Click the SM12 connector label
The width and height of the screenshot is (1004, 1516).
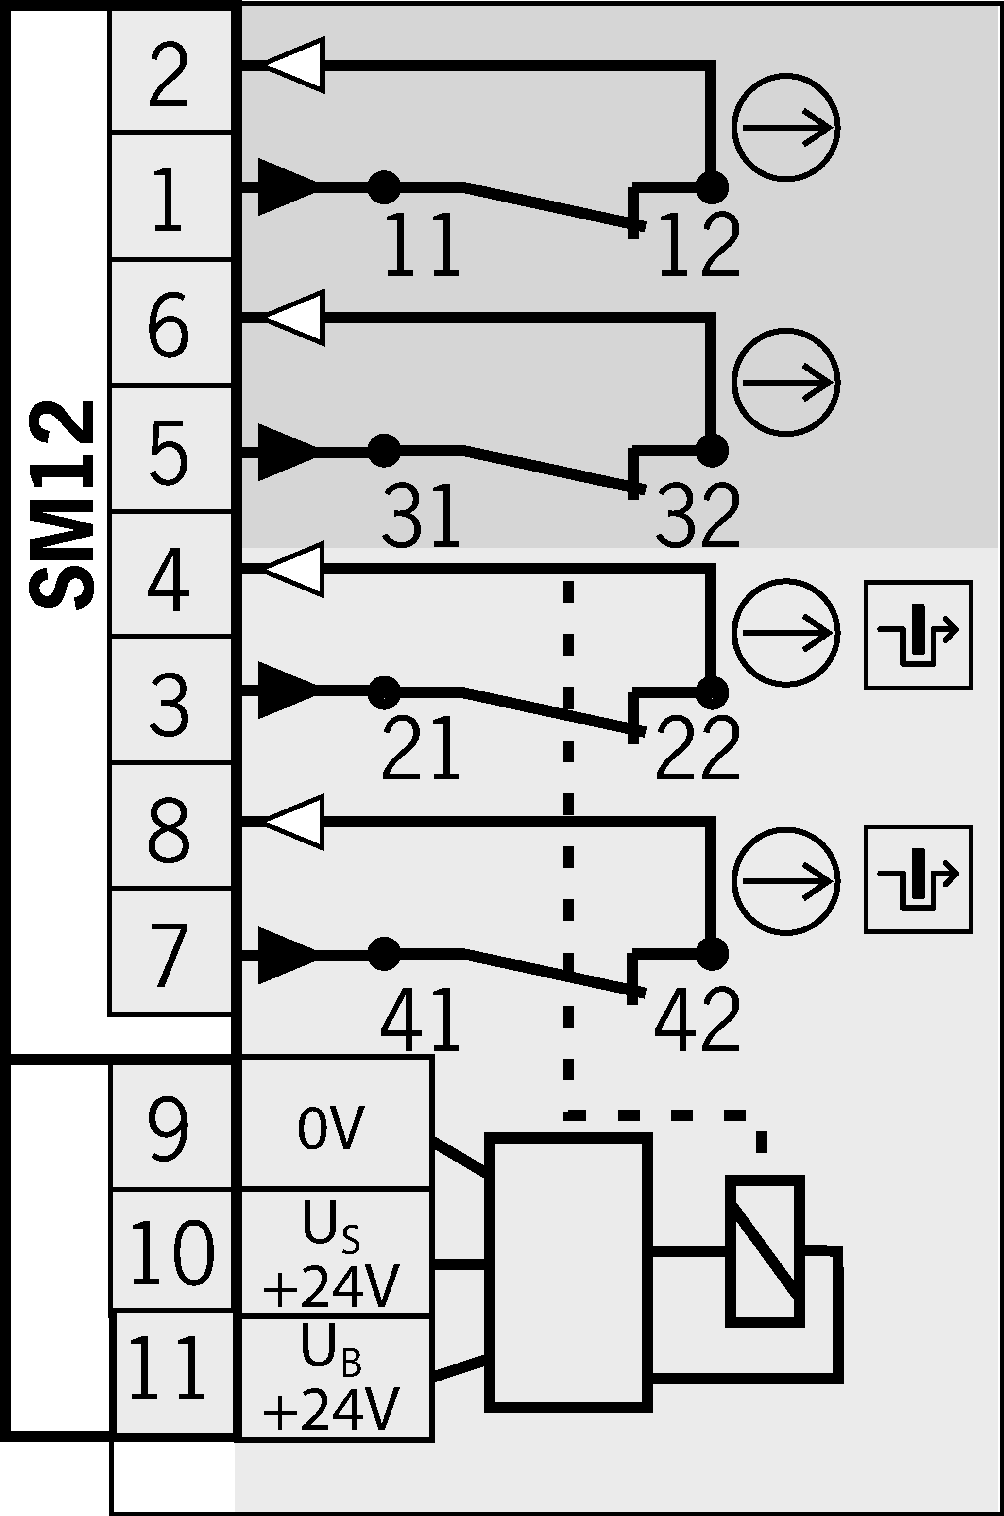pyautogui.click(x=62, y=505)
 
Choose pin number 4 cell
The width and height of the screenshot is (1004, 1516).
pyautogui.click(x=171, y=574)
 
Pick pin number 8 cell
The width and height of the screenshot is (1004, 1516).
pyautogui.click(x=171, y=825)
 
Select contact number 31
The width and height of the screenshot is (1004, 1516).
pyautogui.click(x=421, y=515)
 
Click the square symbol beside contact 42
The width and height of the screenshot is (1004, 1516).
pyautogui.click(x=918, y=879)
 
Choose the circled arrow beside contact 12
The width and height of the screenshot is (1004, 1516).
pyautogui.click(x=785, y=128)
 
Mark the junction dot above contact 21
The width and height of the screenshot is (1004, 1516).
pyautogui.click(x=384, y=692)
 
